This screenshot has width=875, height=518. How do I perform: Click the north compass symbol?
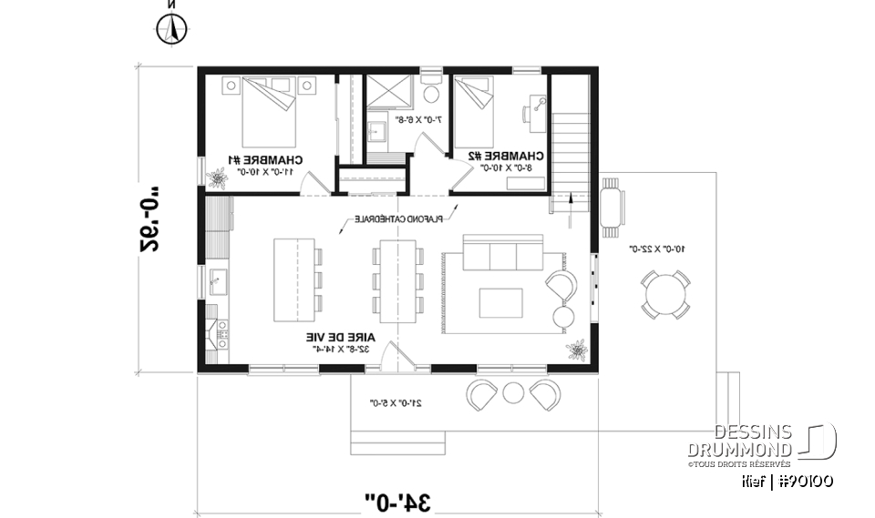(170, 31)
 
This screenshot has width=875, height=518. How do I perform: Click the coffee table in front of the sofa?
(501, 301)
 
